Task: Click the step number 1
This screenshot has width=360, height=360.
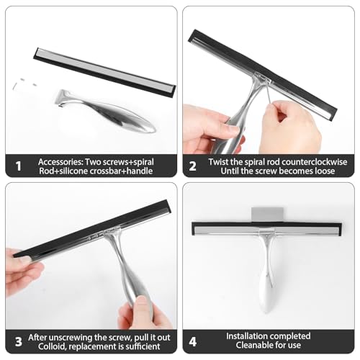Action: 19,166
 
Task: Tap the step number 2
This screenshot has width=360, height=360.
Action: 192,166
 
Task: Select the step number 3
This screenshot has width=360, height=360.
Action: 19,342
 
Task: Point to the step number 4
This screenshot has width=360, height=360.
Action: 193,342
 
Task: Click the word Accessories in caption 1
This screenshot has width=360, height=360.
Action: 60,162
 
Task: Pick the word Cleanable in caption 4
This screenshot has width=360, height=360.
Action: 253,345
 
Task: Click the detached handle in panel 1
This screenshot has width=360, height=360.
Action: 106,111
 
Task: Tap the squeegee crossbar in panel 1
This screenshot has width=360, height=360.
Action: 104,73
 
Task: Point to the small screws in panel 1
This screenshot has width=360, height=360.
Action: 24,84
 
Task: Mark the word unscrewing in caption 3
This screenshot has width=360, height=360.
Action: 68,338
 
